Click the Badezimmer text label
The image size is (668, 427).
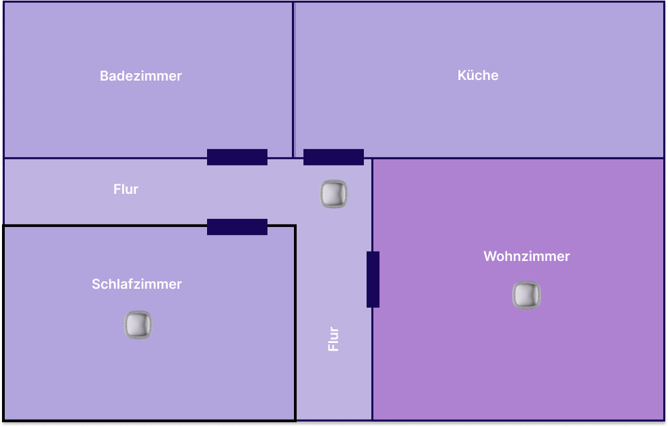(141, 76)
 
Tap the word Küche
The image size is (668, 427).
(478, 75)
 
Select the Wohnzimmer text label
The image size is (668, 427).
(526, 256)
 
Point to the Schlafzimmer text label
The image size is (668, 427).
(136, 284)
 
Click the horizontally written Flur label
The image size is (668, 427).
(126, 189)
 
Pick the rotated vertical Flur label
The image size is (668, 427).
(333, 339)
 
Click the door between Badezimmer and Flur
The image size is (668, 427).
(237, 157)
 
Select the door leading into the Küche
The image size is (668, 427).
(333, 157)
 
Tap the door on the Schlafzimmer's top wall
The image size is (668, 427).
(237, 227)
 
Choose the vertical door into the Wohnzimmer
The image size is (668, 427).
(373, 279)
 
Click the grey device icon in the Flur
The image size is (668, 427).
(334, 194)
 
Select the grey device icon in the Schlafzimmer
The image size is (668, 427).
(138, 325)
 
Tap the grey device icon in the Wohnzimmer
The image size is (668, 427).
(527, 296)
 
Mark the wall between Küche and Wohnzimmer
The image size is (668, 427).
(516, 159)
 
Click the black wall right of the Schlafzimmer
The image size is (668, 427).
(295, 325)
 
